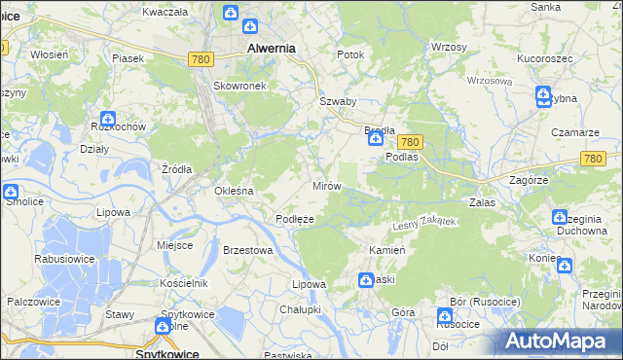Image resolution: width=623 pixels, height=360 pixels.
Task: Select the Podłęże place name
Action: [294, 219]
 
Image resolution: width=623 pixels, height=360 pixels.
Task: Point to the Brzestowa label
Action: [247, 250]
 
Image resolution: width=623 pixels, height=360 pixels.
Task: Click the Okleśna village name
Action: [234, 191]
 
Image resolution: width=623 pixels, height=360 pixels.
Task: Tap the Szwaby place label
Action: [338, 101]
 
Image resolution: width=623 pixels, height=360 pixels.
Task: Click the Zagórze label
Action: [531, 180]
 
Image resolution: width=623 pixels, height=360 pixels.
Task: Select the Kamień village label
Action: [386, 250]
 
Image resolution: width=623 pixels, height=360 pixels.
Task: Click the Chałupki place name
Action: [300, 308]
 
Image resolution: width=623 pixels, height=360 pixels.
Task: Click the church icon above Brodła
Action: [375, 140]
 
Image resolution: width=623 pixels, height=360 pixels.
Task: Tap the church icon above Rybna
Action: [543, 95]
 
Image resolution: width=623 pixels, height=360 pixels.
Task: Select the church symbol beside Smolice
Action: [11, 193]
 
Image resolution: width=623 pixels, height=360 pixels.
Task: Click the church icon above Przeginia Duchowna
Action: [560, 218]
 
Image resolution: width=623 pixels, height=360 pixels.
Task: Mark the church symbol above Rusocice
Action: [445, 315]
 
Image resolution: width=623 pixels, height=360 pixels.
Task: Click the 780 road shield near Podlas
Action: [410, 141]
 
